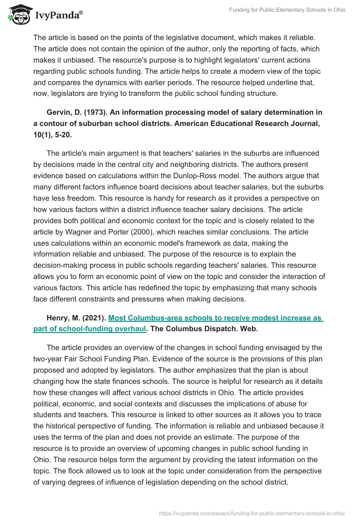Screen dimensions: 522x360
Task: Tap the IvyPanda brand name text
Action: coord(58,14)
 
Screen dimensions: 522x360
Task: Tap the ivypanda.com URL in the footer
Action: coord(252,513)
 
